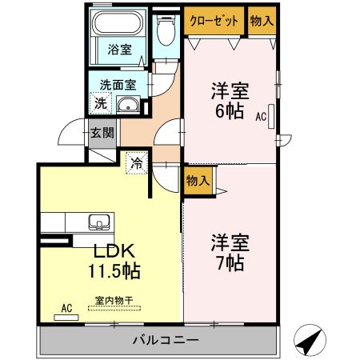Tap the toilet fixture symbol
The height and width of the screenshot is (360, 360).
166,33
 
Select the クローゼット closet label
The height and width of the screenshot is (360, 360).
214,22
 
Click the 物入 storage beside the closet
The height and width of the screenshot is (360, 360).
261,22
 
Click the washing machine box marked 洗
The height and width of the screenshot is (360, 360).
100,102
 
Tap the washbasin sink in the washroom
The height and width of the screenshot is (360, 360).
128,104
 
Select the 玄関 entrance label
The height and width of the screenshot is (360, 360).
101,134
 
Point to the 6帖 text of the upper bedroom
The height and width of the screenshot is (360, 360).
230,112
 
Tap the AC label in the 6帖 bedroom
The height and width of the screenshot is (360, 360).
260,116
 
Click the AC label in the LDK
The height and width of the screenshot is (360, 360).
67,306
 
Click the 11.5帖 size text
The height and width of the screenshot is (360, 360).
114,271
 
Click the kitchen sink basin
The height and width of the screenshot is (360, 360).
99,222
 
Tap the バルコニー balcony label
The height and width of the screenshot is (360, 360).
166,342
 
